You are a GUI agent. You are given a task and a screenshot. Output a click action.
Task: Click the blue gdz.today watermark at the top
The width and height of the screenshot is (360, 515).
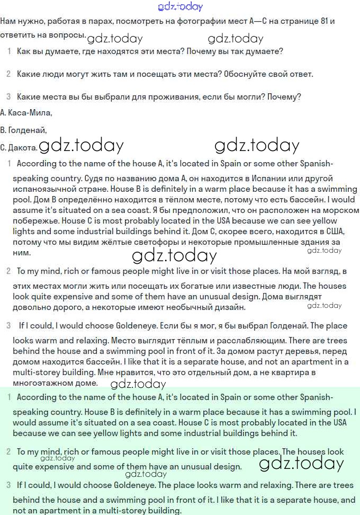tap(180, 6)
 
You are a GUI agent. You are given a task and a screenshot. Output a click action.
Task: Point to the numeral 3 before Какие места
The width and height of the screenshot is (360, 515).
tap(8, 97)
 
